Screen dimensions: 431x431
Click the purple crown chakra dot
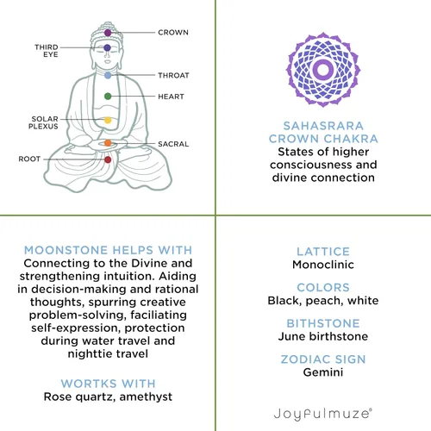108,33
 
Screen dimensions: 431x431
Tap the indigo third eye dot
107,47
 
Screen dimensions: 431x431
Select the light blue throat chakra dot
108,75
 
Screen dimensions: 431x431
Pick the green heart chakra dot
108,97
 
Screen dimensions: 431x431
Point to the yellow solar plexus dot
108,120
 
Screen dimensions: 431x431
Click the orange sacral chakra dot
108,143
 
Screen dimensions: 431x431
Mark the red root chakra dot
108,159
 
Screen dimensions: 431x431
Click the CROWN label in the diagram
173,33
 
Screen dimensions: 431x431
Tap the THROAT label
173,75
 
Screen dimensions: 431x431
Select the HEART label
171,97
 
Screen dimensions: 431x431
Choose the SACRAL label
173,144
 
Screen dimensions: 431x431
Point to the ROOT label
29,159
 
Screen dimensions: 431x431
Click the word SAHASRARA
323,126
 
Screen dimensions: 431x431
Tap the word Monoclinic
323,265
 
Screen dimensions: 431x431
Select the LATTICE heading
323,252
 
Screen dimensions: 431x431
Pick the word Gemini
323,372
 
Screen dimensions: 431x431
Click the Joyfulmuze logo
323,414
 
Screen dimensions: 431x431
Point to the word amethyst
146,397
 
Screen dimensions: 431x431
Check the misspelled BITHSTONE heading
323,323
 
